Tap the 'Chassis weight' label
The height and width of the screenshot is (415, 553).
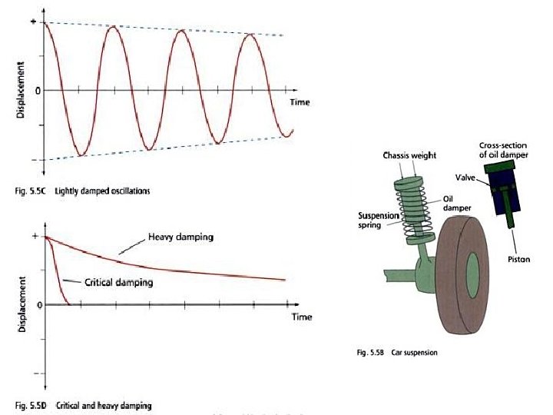(x=409, y=155)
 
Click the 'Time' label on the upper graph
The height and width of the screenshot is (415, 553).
(x=300, y=102)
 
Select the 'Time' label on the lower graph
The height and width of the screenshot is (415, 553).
(x=301, y=316)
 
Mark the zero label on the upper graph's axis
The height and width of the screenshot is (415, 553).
(x=37, y=91)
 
